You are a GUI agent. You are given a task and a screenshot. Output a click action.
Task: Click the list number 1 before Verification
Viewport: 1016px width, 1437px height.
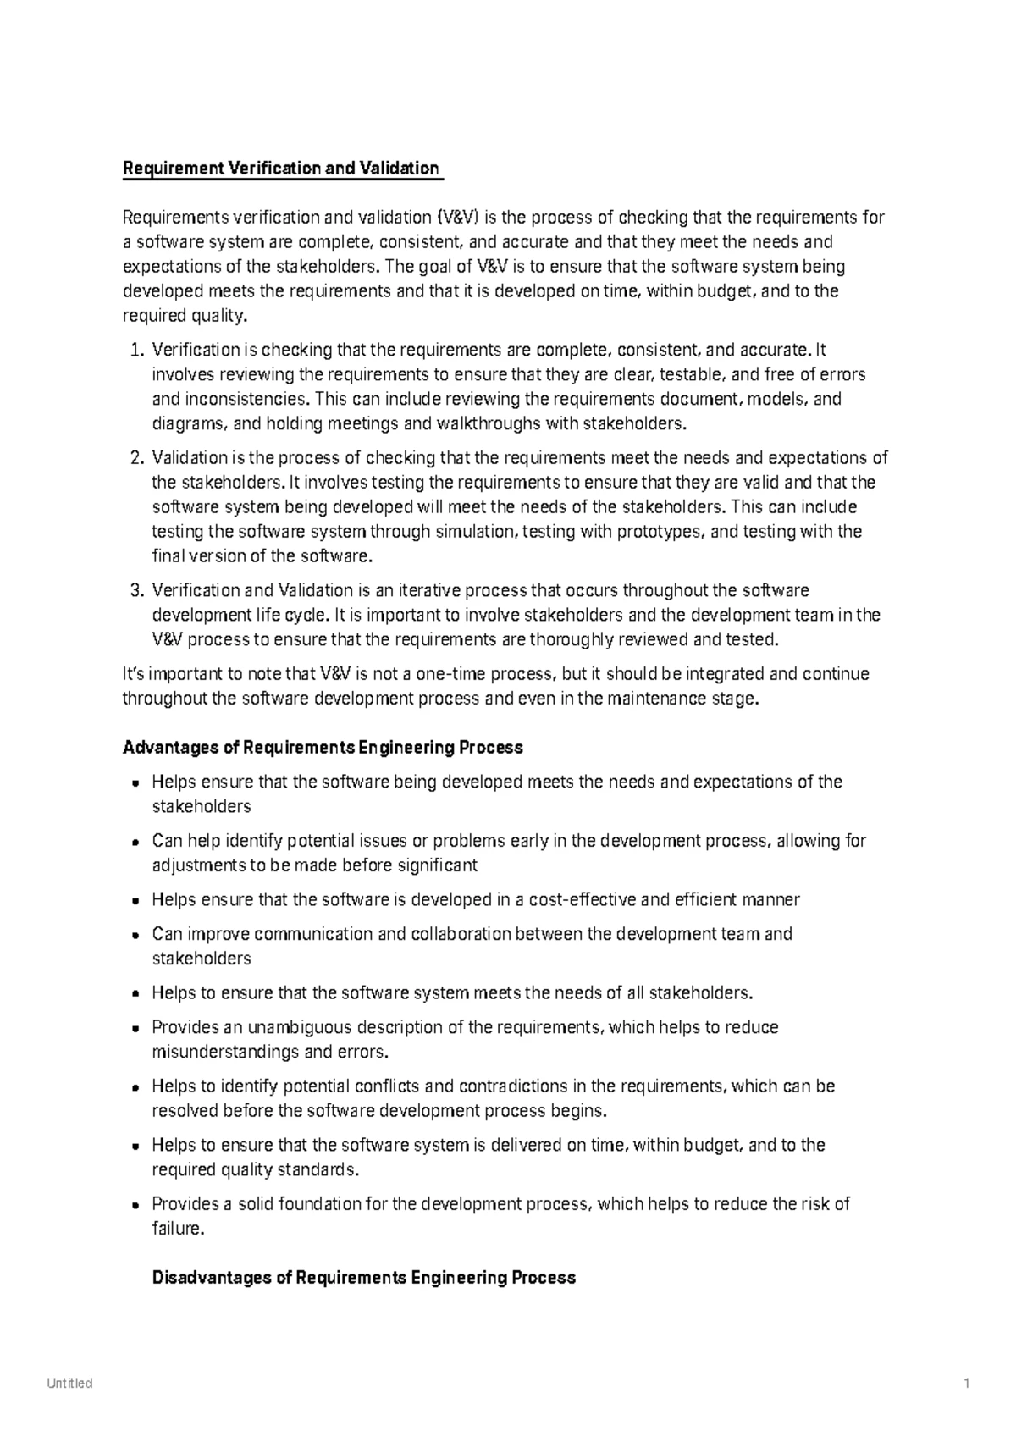[x=138, y=351]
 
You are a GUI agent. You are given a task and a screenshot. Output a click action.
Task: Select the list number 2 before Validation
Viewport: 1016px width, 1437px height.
[x=138, y=459]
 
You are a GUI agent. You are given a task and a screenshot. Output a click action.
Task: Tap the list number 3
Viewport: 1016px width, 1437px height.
[x=138, y=591]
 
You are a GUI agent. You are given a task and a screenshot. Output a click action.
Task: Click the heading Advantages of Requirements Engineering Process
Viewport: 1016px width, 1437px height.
[x=323, y=748]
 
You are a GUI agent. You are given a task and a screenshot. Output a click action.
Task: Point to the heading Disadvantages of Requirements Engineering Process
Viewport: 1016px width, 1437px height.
[x=364, y=1278]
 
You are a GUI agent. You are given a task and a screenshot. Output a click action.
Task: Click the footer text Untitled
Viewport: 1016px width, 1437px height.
[x=69, y=1384]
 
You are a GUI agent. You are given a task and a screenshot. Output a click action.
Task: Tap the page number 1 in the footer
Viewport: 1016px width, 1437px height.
[x=966, y=1384]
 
